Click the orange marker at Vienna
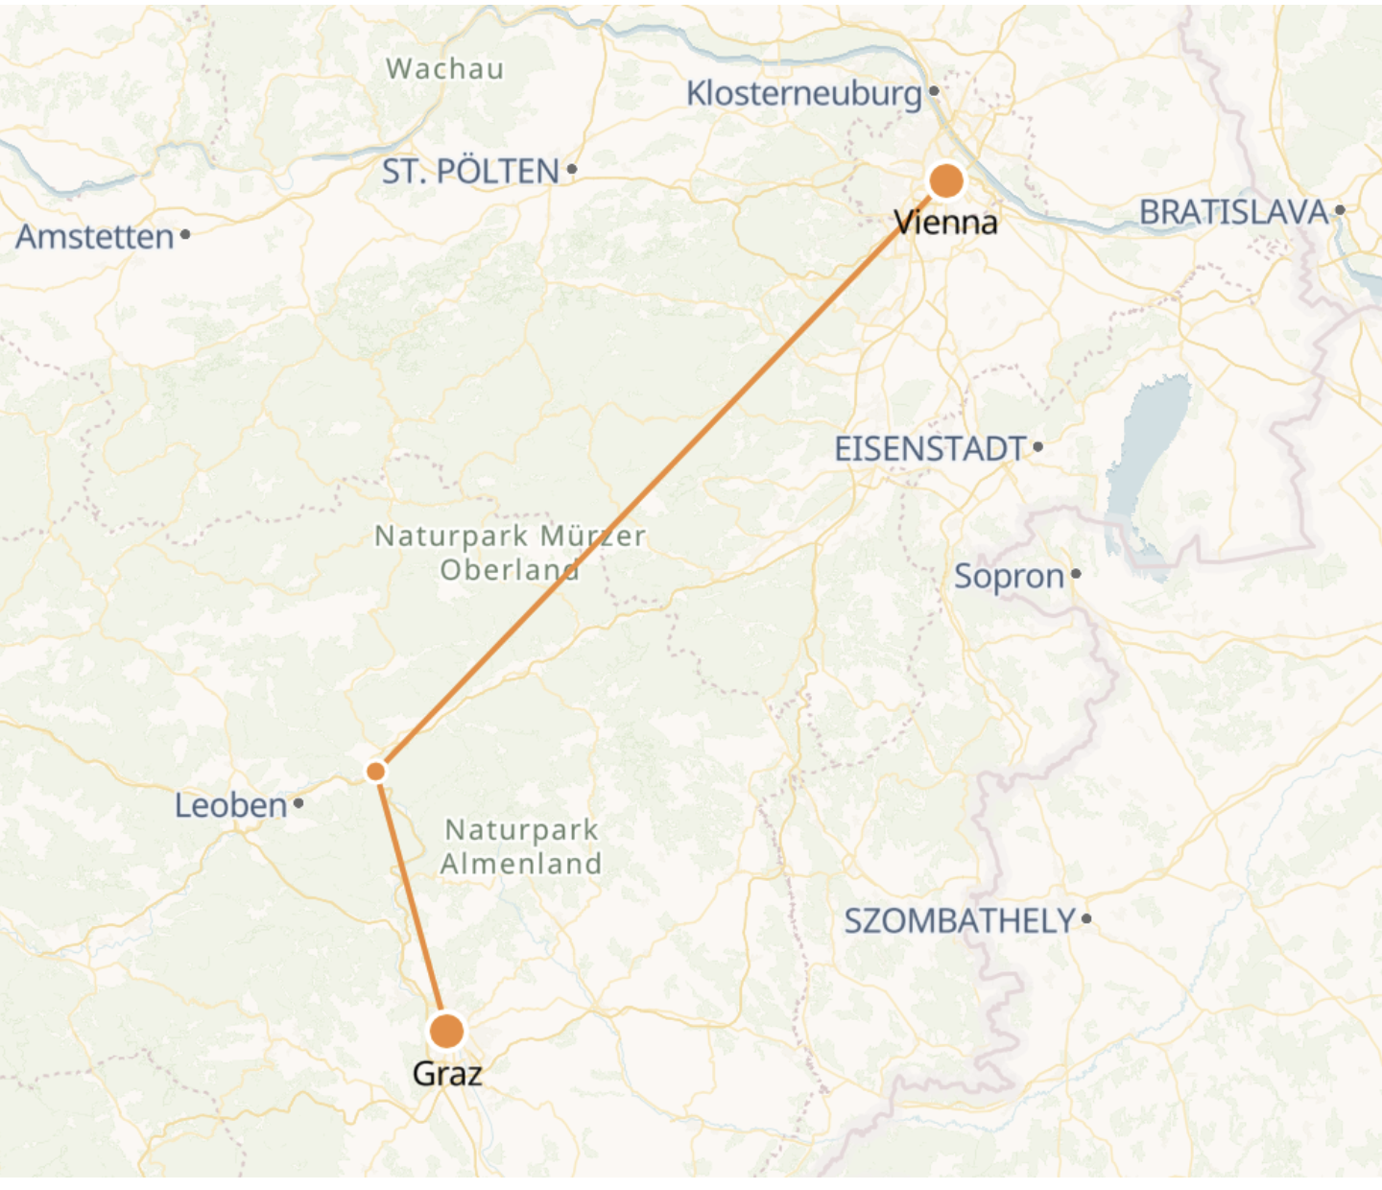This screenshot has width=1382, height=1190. (946, 180)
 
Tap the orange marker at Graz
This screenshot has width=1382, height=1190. (446, 1032)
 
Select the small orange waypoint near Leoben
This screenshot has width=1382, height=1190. (376, 772)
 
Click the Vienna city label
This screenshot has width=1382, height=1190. (946, 223)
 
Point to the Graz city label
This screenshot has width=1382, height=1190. (447, 1073)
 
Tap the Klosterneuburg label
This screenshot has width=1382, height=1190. (803, 93)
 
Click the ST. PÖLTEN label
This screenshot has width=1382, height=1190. (470, 172)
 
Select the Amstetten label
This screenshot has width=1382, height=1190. (94, 236)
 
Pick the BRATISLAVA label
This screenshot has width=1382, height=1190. (1233, 212)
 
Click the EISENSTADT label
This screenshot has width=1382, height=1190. (930, 448)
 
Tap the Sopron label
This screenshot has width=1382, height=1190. (1009, 576)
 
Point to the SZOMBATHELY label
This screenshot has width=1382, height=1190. (959, 920)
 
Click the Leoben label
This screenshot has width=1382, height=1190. (230, 805)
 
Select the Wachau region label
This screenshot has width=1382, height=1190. (444, 69)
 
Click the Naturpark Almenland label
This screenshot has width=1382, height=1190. (521, 846)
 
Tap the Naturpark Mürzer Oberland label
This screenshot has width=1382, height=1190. (510, 552)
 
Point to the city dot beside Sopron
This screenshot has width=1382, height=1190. (1076, 574)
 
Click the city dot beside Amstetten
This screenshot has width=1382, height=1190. (185, 234)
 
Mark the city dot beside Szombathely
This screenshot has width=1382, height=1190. (1086, 918)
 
